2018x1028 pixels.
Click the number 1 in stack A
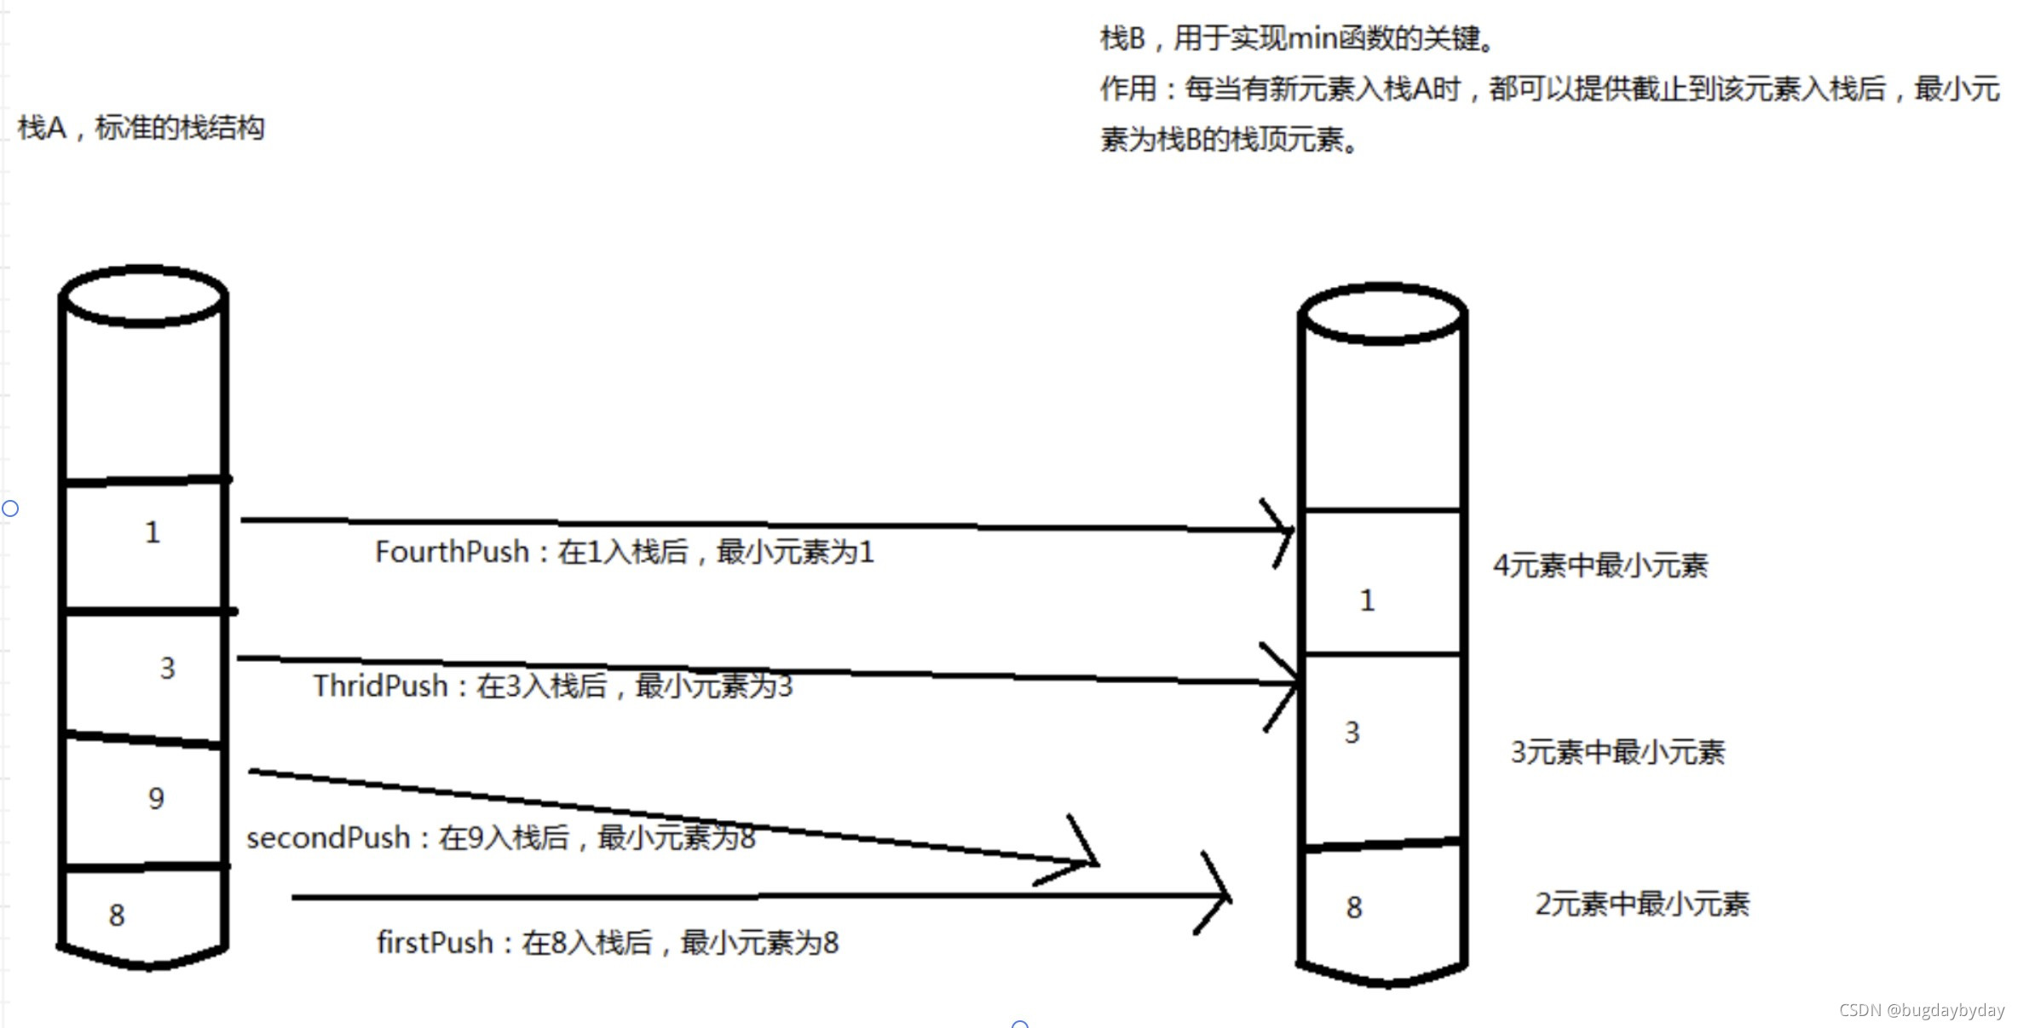pyautogui.click(x=153, y=532)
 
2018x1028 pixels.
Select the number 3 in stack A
pyautogui.click(x=167, y=668)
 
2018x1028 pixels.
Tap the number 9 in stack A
pyautogui.click(x=156, y=799)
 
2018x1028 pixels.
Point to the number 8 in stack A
pyautogui.click(x=117, y=916)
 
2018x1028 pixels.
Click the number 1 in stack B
pyautogui.click(x=1367, y=600)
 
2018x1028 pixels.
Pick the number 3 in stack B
pyautogui.click(x=1352, y=732)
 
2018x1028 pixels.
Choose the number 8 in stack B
pyautogui.click(x=1354, y=908)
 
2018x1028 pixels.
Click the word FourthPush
pyautogui.click(x=452, y=552)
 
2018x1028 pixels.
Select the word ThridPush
pyautogui.click(x=380, y=686)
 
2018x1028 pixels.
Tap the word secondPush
pyautogui.click(x=328, y=838)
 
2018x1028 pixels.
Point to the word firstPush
pyautogui.click(x=435, y=943)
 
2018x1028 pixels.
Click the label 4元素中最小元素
pyautogui.click(x=1600, y=566)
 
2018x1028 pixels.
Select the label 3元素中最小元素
pyautogui.click(x=1617, y=752)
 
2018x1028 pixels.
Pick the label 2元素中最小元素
pyautogui.click(x=1642, y=904)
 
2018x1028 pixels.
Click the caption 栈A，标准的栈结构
pyautogui.click(x=141, y=128)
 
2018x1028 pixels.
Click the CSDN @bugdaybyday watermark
pyautogui.click(x=1921, y=1010)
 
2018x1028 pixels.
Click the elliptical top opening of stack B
pyautogui.click(x=1382, y=313)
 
